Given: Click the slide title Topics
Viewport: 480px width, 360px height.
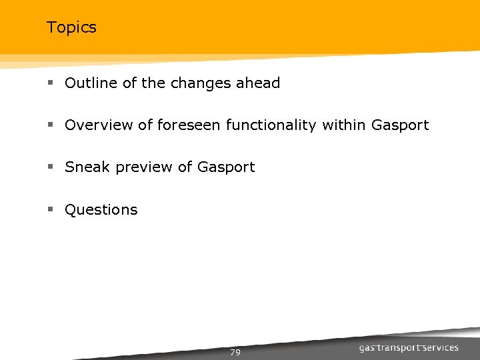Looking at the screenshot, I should [x=71, y=27].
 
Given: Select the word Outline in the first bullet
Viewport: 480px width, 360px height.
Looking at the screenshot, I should [x=88, y=83].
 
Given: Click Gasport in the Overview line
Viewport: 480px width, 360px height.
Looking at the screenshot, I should [x=400, y=125].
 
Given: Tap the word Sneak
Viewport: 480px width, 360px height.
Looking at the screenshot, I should [x=87, y=167].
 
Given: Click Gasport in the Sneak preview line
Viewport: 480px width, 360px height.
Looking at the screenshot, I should [x=226, y=168].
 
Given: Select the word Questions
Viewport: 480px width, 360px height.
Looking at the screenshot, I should [x=101, y=210].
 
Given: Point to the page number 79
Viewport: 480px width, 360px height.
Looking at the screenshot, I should [x=235, y=352].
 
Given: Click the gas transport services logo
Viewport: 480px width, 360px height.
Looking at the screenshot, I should [x=409, y=348].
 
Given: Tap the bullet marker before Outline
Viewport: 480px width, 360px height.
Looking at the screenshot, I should [x=51, y=84].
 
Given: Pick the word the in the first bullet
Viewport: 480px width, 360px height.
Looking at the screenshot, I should [x=153, y=83].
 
